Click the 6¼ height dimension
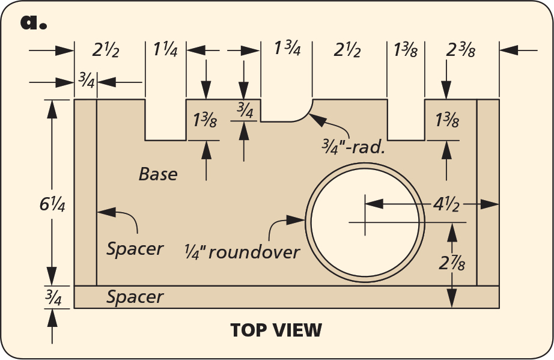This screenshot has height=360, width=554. tap(52, 204)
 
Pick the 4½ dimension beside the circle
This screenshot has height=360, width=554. tap(448, 204)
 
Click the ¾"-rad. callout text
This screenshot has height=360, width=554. tap(354, 146)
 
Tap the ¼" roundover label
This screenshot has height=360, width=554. tap(242, 252)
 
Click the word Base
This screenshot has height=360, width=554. tap(158, 174)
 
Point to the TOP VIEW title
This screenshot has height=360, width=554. tap(276, 330)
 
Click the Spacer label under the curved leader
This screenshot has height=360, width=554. tap(135, 248)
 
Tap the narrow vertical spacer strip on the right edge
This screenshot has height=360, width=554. tap(488, 192)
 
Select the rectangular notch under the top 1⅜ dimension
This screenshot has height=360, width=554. tap(406, 120)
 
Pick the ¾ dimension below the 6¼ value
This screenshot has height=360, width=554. tap(53, 297)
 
